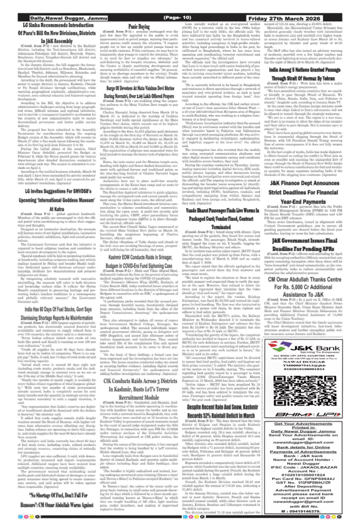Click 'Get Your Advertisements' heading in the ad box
pos(303,424)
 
